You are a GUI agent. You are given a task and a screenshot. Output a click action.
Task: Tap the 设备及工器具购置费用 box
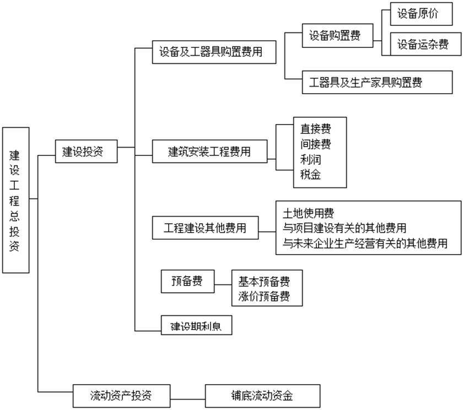[x=213, y=53]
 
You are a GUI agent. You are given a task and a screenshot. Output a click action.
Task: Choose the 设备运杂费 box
[x=422, y=45]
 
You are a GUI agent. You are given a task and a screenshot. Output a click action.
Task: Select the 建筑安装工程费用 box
[x=209, y=152]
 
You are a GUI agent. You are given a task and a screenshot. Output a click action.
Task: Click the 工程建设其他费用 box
[x=205, y=228]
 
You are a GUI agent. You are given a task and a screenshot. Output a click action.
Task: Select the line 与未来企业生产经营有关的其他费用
[x=364, y=242]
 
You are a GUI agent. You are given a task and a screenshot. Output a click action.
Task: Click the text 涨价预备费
[x=263, y=296]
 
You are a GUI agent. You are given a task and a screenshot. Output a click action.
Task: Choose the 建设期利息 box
[x=196, y=325]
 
